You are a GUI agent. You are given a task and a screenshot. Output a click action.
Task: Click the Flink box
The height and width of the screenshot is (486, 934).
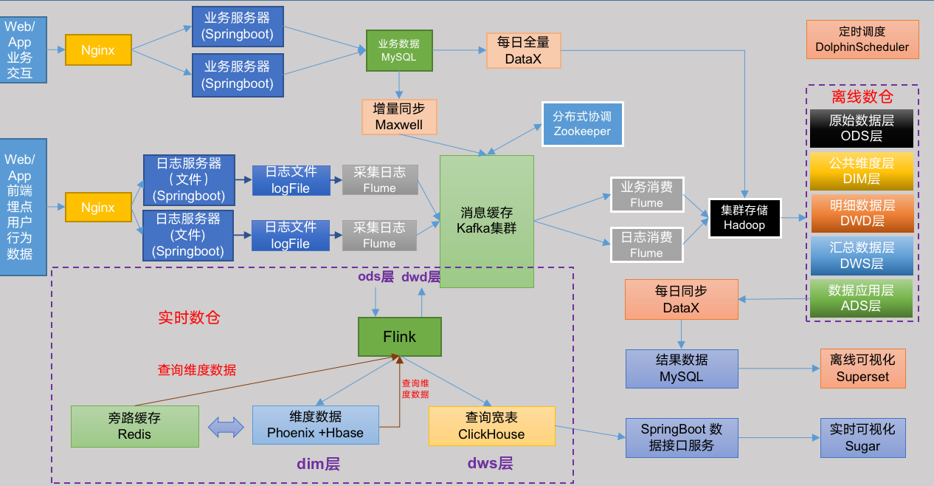click(x=399, y=337)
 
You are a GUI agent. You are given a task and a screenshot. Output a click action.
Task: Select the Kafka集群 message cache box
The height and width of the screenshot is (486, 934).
click(x=486, y=221)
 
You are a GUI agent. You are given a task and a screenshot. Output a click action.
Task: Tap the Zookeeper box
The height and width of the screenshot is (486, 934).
click(x=582, y=123)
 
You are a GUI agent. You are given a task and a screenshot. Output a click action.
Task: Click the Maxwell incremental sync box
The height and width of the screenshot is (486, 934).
click(x=398, y=117)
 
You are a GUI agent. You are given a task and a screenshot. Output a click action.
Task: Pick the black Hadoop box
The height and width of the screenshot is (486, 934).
click(x=744, y=218)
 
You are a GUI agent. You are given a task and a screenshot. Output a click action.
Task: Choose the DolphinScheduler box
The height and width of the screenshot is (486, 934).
click(x=862, y=40)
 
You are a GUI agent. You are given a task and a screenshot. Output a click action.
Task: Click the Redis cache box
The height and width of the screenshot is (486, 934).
click(x=134, y=426)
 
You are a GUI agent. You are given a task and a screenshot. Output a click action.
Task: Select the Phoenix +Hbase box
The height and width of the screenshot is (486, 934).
click(x=315, y=425)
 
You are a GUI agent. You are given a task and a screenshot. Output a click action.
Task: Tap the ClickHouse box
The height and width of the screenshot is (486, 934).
click(x=491, y=426)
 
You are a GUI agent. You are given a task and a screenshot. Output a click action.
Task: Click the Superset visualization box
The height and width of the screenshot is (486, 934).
click(x=862, y=369)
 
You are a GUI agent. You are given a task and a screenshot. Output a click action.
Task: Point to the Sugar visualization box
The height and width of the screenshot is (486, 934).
click(x=862, y=438)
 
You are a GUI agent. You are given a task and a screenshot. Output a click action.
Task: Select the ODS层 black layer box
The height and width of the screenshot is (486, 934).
click(x=861, y=129)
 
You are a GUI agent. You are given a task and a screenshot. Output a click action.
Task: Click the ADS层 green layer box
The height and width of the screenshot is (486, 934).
click(x=861, y=298)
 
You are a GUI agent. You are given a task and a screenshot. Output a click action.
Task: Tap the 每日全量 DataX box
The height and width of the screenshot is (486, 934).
click(x=523, y=50)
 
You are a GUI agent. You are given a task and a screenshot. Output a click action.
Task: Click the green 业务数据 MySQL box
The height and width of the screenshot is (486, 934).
click(x=398, y=50)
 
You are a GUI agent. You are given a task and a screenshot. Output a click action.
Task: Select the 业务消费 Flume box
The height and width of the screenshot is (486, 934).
click(x=646, y=195)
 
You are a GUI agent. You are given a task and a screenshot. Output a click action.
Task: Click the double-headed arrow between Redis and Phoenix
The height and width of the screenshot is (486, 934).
click(x=226, y=426)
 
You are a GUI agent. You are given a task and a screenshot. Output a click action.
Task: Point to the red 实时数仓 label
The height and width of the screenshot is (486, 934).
click(x=189, y=318)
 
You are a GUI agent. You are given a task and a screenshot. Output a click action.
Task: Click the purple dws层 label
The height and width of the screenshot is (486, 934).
click(x=490, y=464)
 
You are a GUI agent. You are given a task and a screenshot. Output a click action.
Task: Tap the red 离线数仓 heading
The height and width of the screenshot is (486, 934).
click(x=862, y=97)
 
